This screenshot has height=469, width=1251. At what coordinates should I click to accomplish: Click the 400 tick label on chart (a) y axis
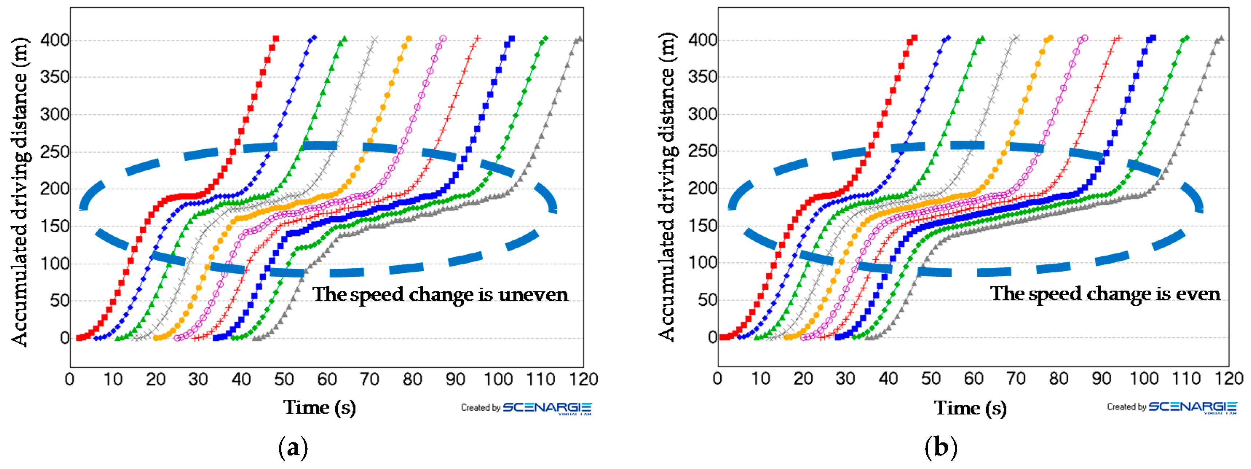[54, 40]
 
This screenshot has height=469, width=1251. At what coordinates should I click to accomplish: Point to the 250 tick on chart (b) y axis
[702, 151]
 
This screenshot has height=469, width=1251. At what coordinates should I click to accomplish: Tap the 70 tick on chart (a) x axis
[369, 379]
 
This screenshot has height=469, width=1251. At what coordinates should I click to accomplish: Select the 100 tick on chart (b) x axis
[1144, 379]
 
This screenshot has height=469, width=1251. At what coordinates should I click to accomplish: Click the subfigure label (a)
[293, 447]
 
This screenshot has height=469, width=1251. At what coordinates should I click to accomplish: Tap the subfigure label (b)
[941, 447]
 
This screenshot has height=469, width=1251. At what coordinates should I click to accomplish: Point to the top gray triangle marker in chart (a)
[579, 38]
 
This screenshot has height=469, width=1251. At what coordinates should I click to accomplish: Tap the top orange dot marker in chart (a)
[408, 38]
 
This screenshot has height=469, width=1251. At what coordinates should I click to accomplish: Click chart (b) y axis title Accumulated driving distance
[666, 187]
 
